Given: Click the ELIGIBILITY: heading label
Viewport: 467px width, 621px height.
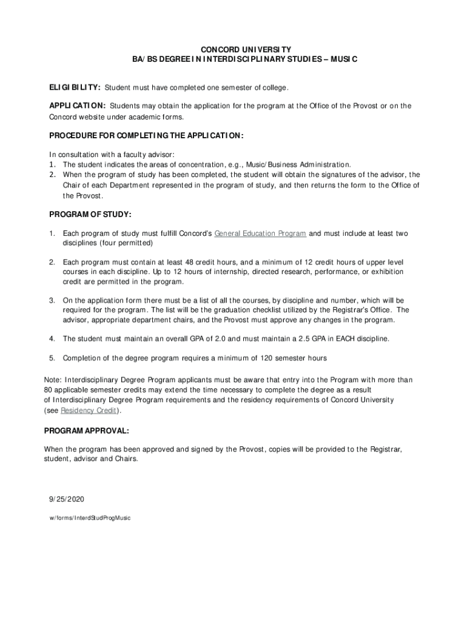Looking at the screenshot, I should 75,88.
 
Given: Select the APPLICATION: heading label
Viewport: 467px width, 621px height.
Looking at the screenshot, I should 78,106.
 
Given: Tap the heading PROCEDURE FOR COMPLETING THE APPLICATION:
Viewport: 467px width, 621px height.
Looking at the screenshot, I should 146,135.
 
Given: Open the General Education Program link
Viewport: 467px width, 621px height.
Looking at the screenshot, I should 260,233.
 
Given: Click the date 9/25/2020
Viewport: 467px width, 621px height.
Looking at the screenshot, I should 67,499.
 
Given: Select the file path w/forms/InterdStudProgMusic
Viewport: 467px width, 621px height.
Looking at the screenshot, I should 90,518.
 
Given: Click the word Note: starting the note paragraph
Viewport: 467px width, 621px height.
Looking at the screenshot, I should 53,380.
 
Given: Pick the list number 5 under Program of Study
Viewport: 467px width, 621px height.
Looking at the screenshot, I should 52,358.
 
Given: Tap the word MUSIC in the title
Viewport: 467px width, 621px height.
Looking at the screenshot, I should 343,59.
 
